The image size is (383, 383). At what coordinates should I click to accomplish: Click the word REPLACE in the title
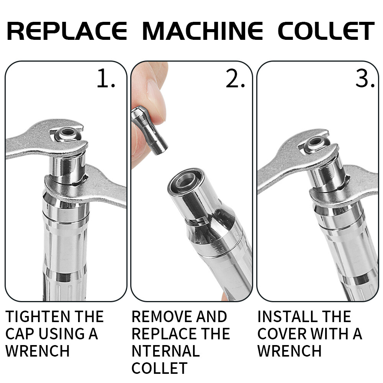click(67, 31)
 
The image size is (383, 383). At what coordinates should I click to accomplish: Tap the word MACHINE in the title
click(203, 31)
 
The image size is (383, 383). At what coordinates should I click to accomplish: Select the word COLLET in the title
click(326, 31)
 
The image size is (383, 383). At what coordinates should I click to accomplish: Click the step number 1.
click(106, 79)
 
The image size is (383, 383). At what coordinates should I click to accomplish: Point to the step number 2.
click(235, 79)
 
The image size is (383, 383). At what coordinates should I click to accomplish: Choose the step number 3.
click(365, 79)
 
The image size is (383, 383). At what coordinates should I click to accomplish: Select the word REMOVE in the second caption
click(162, 317)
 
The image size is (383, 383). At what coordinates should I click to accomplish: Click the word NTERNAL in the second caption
click(165, 351)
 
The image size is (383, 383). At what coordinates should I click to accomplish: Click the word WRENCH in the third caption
click(290, 351)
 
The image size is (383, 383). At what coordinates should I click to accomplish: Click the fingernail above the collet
click(156, 100)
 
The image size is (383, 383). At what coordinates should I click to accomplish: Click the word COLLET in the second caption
click(159, 368)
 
